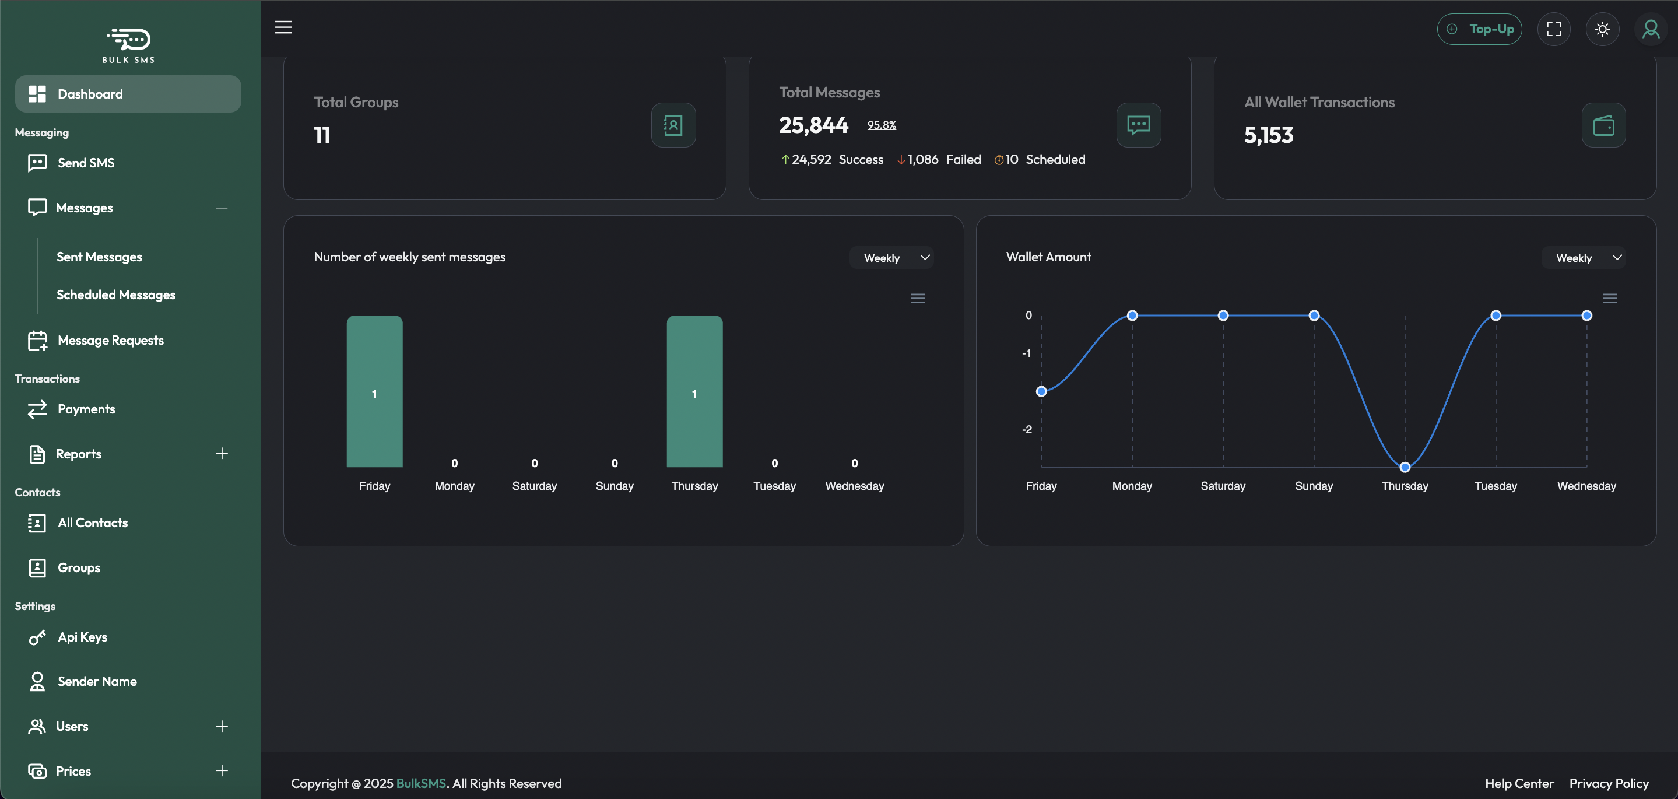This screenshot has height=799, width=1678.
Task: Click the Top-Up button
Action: point(1479,29)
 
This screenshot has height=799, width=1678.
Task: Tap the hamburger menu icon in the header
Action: point(283,27)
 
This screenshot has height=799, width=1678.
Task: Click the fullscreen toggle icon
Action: point(1554,29)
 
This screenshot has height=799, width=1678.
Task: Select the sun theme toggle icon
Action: point(1602,29)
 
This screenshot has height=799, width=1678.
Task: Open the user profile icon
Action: point(1650,29)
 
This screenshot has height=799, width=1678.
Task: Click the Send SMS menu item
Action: point(85,163)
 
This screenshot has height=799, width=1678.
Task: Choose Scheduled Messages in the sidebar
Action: point(115,295)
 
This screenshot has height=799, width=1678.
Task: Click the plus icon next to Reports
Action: point(222,454)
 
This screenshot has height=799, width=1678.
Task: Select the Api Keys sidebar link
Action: point(82,637)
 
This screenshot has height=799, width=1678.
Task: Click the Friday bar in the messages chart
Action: point(374,391)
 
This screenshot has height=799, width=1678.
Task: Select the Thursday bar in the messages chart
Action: point(694,391)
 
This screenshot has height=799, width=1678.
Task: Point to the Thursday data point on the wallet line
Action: point(1405,467)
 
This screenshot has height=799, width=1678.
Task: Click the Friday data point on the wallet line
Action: point(1041,391)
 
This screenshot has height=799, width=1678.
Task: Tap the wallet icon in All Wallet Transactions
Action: point(1603,125)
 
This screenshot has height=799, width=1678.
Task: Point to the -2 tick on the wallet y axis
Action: point(1027,429)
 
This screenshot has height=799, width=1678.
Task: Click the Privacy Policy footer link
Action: point(1608,783)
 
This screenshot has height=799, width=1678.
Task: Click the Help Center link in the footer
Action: point(1519,783)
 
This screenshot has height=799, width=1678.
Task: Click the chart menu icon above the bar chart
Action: point(918,299)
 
